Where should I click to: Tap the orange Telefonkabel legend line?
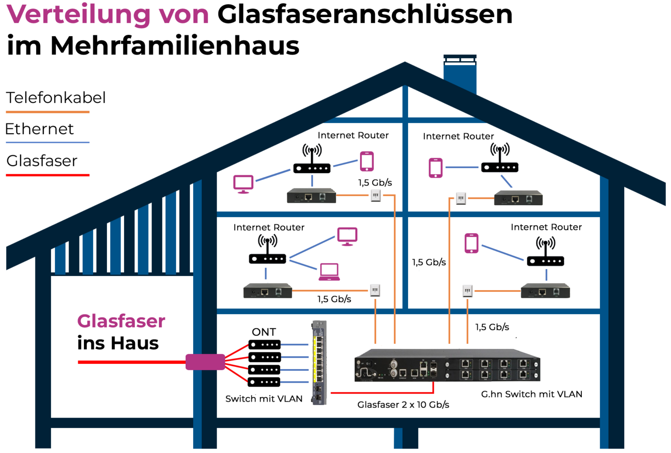coord(48,112)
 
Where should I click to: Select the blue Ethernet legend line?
coord(48,142)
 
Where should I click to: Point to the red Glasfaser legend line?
coord(48,175)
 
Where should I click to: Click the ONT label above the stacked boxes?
coord(264,332)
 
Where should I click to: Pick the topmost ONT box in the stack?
coord(264,345)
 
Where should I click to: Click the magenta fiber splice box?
coord(205,362)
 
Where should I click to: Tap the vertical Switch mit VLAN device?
coord(319,362)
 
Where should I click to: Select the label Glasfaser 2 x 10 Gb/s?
coord(403,405)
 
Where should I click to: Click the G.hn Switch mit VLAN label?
coord(531,394)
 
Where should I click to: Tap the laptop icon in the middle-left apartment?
coord(329,272)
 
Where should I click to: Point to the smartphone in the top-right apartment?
coord(436,168)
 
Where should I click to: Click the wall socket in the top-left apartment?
coord(376,195)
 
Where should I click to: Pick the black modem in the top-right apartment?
coord(518,198)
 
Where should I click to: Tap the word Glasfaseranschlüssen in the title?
coord(364,15)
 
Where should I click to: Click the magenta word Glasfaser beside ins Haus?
coord(121,321)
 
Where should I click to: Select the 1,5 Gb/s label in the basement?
coord(492,327)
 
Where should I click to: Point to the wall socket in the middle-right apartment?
coord(467,290)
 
